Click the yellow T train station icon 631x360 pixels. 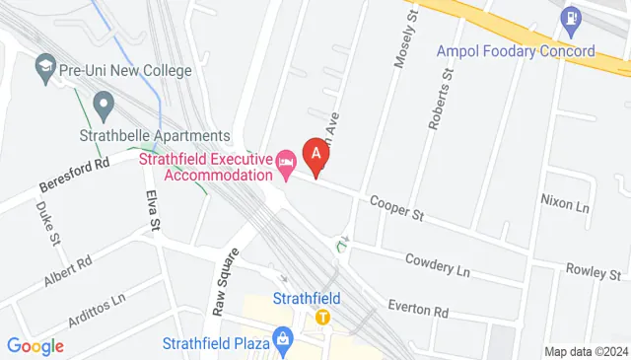322,318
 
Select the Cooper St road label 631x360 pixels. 396,207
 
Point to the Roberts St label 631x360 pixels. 441,101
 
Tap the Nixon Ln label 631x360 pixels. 564,204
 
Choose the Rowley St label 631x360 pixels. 591,270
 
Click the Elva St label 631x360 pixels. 154,211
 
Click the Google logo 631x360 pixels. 35,346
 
